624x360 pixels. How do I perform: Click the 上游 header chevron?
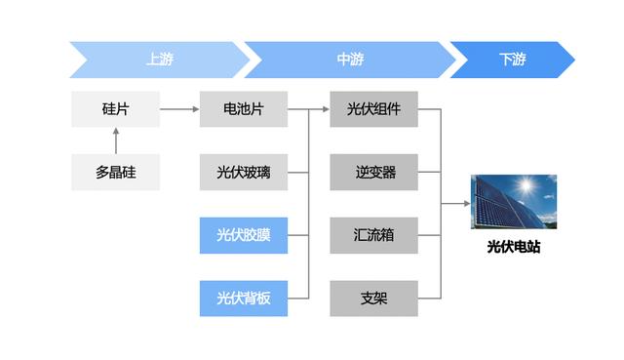(x=156, y=60)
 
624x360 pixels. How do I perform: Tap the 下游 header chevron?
(x=512, y=60)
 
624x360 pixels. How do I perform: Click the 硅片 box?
(x=115, y=109)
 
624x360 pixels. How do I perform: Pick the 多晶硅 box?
(x=115, y=173)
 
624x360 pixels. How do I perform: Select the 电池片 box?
(x=243, y=109)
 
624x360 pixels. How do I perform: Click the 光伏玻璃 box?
(x=243, y=173)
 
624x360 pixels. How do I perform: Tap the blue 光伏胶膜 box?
(x=243, y=235)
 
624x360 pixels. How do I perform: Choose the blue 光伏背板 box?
(x=243, y=298)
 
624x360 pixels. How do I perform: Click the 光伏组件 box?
(x=373, y=109)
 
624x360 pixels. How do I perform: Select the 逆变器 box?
(x=373, y=173)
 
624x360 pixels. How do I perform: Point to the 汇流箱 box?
(x=373, y=235)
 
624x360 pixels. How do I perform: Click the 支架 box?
(x=373, y=298)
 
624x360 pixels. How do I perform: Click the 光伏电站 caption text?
(x=513, y=248)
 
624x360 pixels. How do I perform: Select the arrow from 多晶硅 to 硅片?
(x=115, y=141)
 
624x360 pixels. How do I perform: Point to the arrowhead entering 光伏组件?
(x=325, y=109)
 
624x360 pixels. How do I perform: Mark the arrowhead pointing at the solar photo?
(x=464, y=204)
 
